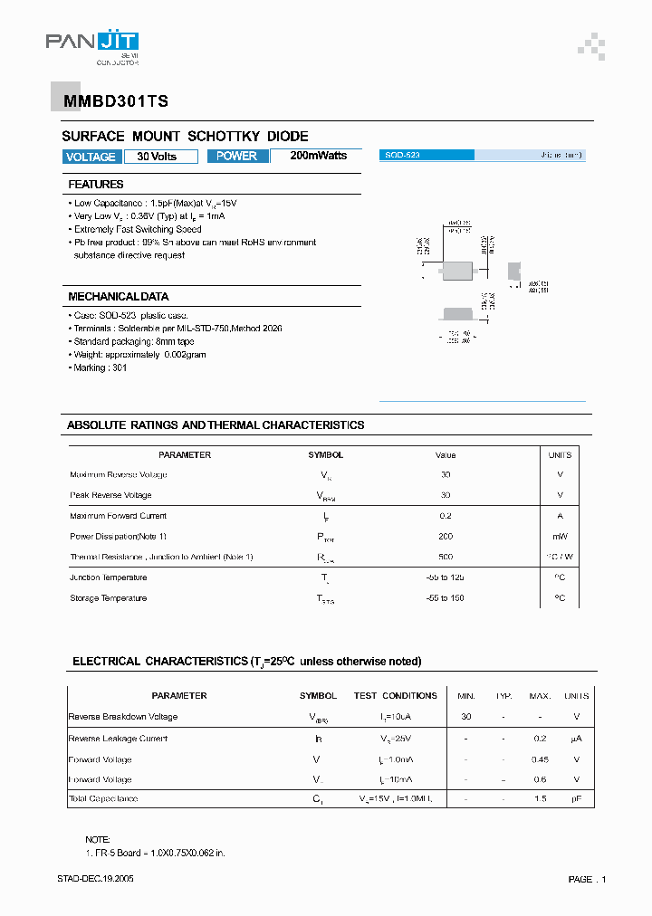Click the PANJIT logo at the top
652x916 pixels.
coord(92,43)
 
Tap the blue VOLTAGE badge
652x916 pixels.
coord(91,157)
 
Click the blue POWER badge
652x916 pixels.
coord(237,156)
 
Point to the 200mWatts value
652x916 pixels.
coord(318,156)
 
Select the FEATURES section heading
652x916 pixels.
coord(96,185)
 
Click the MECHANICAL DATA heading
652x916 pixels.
coord(118,297)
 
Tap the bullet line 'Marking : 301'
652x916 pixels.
coord(101,368)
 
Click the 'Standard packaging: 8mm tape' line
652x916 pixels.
coord(133,341)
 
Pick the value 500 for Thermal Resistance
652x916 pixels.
coord(446,557)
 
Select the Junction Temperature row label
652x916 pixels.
coord(108,577)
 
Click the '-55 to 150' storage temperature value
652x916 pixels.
coord(446,598)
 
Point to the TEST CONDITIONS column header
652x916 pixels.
coord(396,696)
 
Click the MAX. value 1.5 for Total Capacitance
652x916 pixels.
coord(540,799)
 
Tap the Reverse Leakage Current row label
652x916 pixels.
coord(118,739)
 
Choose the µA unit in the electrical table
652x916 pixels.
coord(576,739)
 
